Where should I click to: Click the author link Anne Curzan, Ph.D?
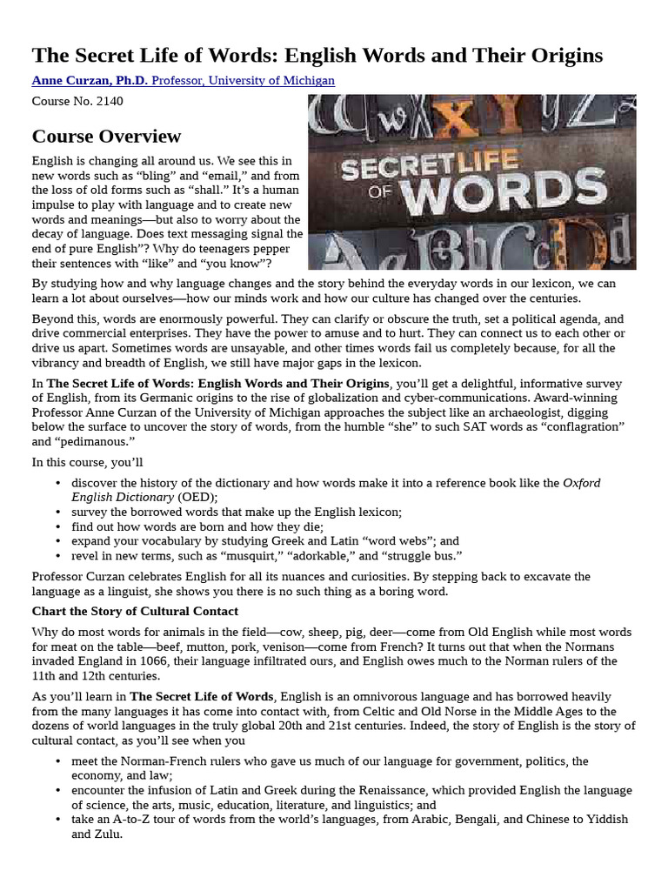click(90, 81)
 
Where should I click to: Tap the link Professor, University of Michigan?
click(244, 81)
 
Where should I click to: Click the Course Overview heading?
click(106, 137)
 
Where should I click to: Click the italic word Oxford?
click(581, 483)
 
